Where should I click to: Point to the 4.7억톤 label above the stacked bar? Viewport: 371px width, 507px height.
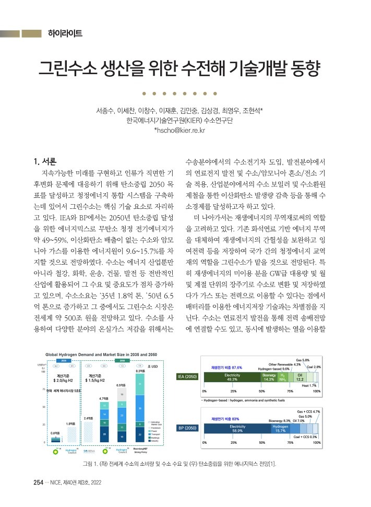click(103, 398)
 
